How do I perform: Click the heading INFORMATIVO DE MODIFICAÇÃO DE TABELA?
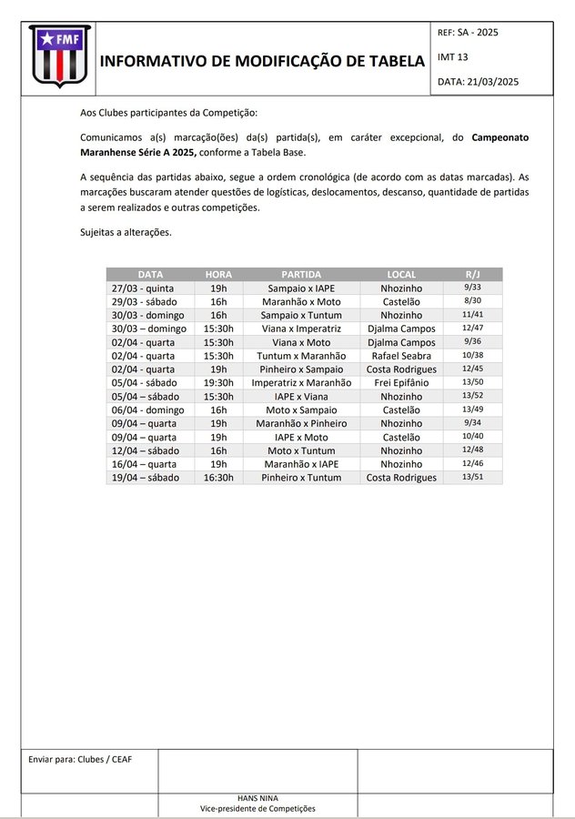(262, 62)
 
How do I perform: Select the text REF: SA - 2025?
(468, 33)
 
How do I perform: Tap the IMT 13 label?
(453, 56)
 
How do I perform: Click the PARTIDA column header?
(300, 274)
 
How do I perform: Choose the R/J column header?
(472, 274)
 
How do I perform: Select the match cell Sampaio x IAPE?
(301, 288)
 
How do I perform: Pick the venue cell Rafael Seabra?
(401, 356)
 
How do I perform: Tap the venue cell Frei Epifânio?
(401, 383)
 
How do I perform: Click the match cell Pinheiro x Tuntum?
(301, 478)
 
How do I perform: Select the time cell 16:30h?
(218, 478)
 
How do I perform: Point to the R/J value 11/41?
(472, 315)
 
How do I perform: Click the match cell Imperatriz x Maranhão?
(301, 383)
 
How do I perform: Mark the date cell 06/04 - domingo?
(149, 410)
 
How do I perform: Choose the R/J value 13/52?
(472, 397)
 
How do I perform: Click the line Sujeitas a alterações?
(126, 232)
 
